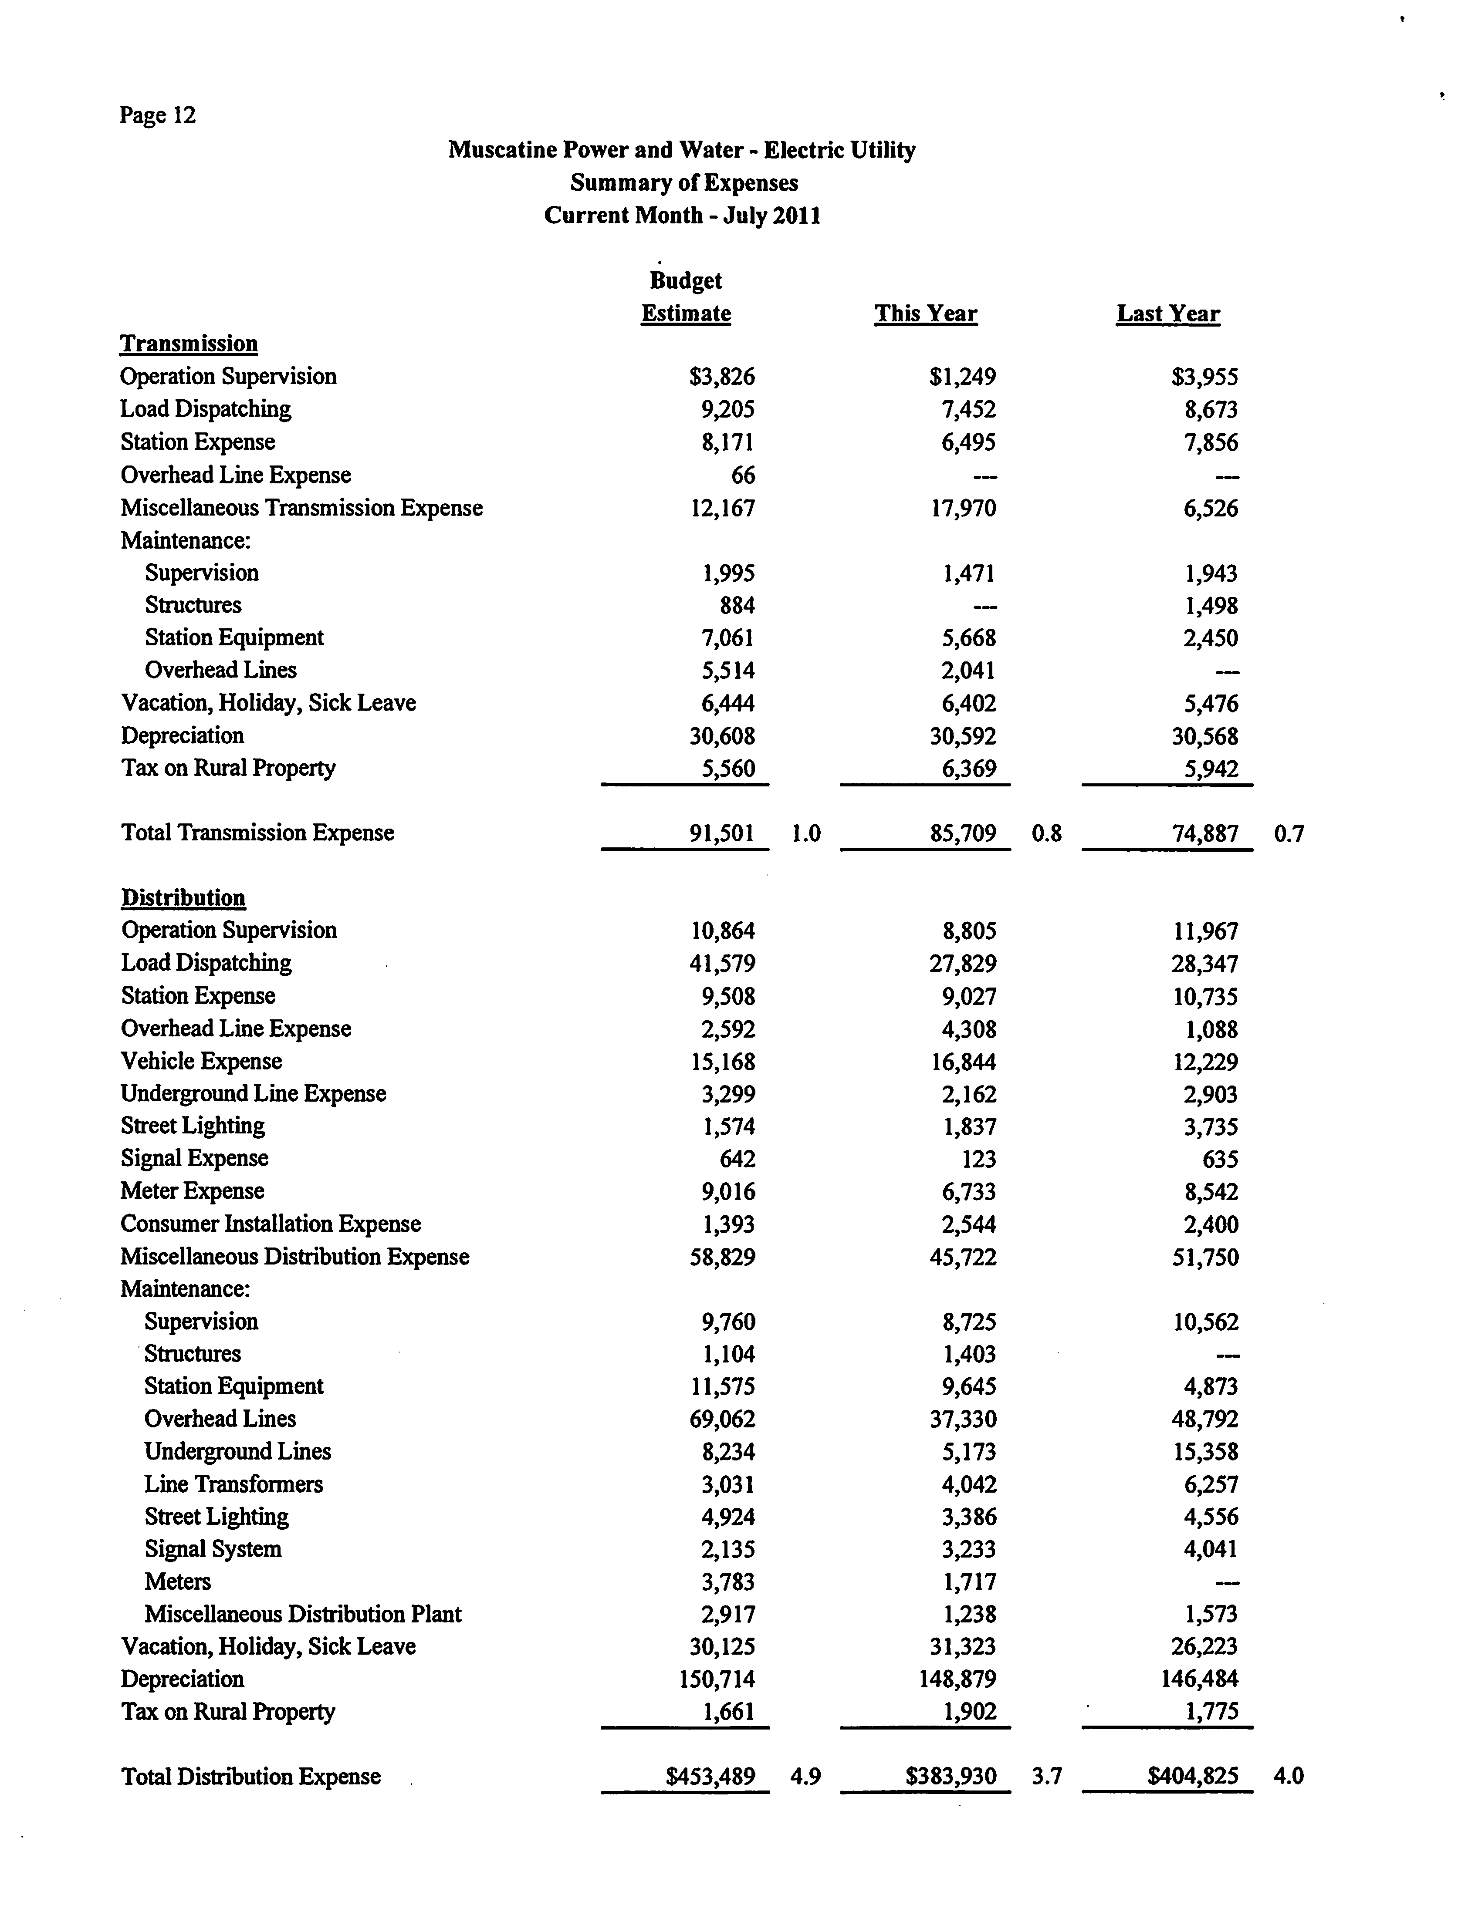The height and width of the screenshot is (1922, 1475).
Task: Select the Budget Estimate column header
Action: coord(686,297)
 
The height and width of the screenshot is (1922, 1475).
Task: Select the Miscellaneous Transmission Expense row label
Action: coord(301,508)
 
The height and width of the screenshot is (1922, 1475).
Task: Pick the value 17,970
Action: coord(963,508)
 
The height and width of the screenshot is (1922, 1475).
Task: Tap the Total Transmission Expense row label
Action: coord(257,833)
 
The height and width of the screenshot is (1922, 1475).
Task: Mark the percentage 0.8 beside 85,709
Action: coord(1046,833)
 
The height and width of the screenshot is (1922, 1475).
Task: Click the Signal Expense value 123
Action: coord(978,1160)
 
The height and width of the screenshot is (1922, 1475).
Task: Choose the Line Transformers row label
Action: coord(233,1484)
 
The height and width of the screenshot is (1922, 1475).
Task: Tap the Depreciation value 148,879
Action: coord(963,1679)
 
